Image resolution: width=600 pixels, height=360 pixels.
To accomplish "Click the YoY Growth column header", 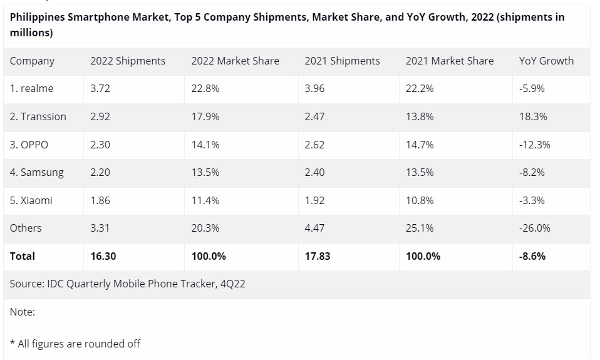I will coord(546,61).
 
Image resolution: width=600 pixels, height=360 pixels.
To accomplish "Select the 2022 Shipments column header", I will coord(128,61).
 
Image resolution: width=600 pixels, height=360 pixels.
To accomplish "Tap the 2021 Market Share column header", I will coord(449,61).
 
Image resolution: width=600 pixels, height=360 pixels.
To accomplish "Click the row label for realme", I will coord(31,88).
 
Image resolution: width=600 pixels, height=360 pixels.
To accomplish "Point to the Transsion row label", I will coord(38,116).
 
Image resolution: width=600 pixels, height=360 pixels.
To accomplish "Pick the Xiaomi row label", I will coord(31,200).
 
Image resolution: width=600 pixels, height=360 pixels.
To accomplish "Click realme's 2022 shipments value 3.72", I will coord(100,88).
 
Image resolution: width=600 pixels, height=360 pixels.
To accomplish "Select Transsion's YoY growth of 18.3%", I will coord(532,116).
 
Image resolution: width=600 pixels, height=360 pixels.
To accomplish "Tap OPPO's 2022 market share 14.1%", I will coord(205,145).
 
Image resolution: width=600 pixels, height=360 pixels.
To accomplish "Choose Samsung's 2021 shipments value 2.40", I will coord(314,172).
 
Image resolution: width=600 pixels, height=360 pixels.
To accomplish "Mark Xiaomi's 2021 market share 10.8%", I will coord(420,200).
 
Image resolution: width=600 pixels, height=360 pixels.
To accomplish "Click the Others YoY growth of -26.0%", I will coord(534,228).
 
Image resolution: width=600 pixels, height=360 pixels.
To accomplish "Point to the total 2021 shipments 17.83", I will coord(317,256).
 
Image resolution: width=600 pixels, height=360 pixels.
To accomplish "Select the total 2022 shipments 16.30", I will coord(103,256).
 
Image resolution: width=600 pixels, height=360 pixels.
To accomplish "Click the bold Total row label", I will coord(23,256).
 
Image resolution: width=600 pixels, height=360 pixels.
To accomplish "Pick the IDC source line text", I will coord(127,284).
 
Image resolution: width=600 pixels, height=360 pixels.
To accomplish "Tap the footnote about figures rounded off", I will coord(75,343).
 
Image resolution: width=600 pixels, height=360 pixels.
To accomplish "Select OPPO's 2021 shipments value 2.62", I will coord(314,145).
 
